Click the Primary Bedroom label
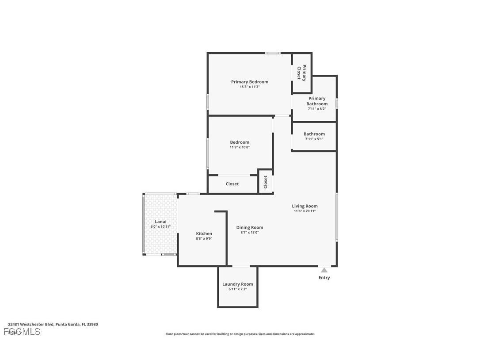(249, 82)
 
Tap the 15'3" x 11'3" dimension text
(249, 87)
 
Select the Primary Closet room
(301, 73)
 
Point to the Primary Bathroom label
(317, 101)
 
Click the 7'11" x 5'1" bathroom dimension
(314, 139)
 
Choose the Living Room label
(305, 206)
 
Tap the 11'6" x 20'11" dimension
(305, 211)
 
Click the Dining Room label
(249, 227)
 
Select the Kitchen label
(204, 234)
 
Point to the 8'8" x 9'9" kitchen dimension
(204, 239)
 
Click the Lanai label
(160, 222)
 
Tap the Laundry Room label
(237, 284)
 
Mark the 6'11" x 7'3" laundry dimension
(237, 289)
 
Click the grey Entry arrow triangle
(324, 270)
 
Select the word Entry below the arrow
(324, 278)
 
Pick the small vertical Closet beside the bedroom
(265, 182)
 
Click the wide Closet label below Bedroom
(232, 184)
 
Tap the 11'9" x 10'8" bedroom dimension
(240, 147)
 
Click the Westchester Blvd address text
(53, 324)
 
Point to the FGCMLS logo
(22, 332)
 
